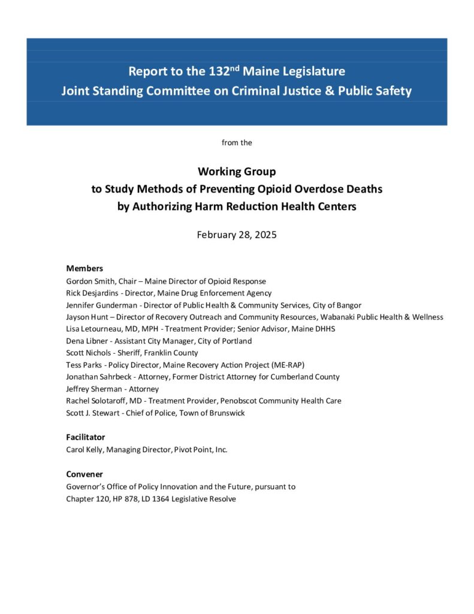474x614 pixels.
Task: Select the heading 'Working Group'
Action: [237, 171]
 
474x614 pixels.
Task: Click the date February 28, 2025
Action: [237, 234]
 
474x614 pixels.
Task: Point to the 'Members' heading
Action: [84, 269]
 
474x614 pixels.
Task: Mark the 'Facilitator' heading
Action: [85, 437]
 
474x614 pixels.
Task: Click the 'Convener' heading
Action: [84, 474]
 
